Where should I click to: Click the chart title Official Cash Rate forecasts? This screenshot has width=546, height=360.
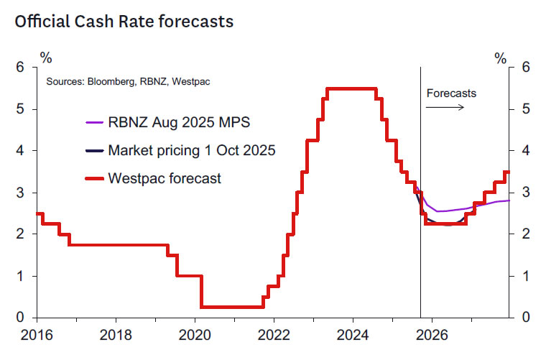[124, 22]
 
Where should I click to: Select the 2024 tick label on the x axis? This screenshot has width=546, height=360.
[353, 334]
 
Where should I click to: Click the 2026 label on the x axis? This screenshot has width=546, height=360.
[432, 334]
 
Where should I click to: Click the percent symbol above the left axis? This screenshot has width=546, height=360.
[46, 55]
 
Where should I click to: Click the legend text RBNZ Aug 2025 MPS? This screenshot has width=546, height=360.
[179, 122]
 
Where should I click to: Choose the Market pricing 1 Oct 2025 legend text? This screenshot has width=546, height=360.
[191, 151]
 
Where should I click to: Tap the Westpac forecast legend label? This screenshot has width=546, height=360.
[165, 178]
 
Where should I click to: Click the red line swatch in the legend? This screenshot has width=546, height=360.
[94, 178]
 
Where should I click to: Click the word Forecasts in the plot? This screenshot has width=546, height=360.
[451, 93]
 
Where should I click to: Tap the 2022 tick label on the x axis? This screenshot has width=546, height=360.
[274, 334]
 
